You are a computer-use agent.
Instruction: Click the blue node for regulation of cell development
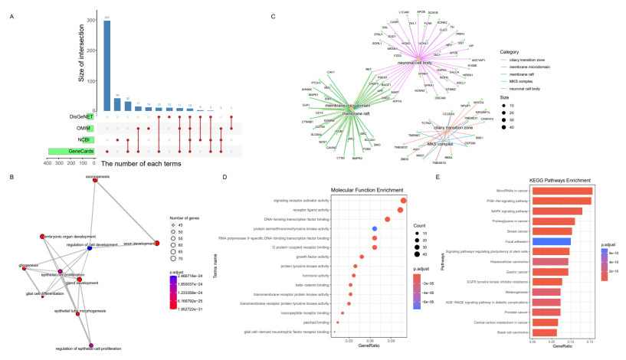pyautogui.click(x=90, y=250)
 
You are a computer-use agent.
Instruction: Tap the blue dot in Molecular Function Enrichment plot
pyautogui.click(x=374, y=228)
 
